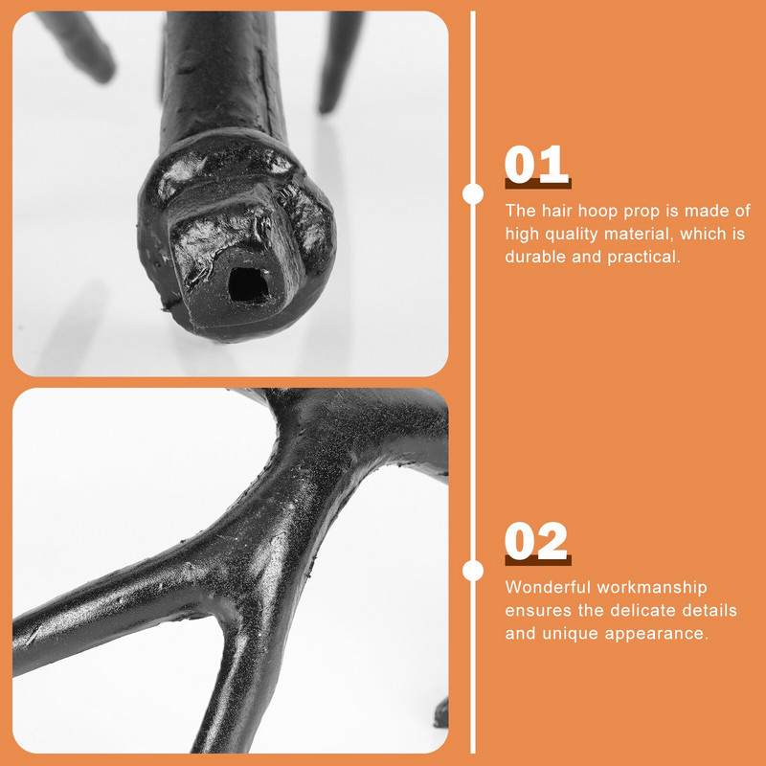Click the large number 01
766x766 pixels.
[x=537, y=165]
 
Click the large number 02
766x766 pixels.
[x=536, y=541]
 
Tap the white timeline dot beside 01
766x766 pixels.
[x=473, y=194]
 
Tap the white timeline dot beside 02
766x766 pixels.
[x=473, y=571]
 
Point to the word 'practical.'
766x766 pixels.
[x=643, y=258]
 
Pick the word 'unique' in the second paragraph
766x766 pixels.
[x=571, y=634]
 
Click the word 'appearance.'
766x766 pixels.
[x=657, y=634]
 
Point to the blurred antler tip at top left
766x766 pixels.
[x=79, y=45]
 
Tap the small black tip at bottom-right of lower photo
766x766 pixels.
[x=442, y=712]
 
